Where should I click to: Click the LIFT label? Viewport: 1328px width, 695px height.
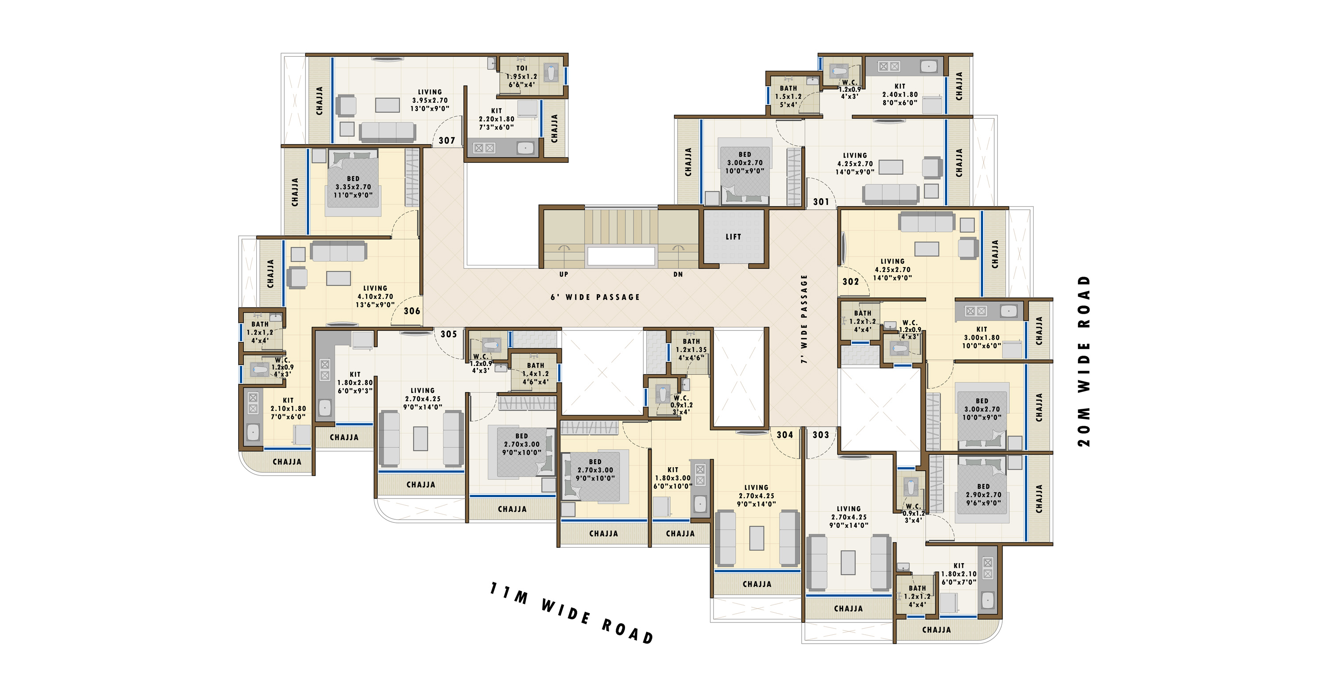[x=733, y=237]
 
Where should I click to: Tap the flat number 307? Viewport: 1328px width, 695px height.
[x=447, y=140]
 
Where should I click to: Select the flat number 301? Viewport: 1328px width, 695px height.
[x=821, y=201]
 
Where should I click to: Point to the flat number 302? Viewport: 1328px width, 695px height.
[x=851, y=281]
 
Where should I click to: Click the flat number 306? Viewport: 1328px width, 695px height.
[x=412, y=311]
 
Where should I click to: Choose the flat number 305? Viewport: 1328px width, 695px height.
[x=448, y=334]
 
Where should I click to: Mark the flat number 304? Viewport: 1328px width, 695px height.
[x=785, y=435]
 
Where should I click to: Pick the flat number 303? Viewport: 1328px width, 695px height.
[x=821, y=435]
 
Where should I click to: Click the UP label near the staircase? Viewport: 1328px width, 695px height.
[x=564, y=275]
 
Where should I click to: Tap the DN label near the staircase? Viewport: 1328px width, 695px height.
[x=678, y=275]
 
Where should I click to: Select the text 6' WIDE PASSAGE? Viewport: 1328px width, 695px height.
[x=595, y=297]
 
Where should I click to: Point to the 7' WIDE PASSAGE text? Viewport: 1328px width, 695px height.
[x=804, y=319]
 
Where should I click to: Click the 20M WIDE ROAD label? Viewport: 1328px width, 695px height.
[x=1084, y=361]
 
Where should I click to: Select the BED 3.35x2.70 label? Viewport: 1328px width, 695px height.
[x=353, y=187]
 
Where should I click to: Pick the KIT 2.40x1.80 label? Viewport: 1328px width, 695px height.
[x=899, y=94]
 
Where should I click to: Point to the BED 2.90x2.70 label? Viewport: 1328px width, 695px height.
[x=984, y=495]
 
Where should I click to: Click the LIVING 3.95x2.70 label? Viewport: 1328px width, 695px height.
[x=429, y=100]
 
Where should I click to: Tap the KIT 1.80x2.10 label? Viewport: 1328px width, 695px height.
[x=959, y=574]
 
